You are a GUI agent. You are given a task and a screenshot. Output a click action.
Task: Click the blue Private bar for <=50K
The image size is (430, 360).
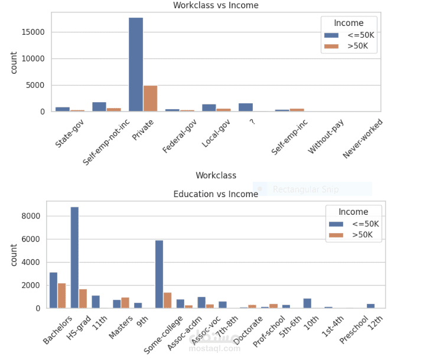[136, 65]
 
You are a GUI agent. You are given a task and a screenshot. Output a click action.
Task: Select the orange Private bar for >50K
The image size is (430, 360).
[151, 99]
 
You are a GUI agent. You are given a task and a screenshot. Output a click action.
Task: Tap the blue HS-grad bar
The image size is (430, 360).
[74, 257]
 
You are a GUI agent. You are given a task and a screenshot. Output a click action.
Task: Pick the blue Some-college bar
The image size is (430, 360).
[159, 274]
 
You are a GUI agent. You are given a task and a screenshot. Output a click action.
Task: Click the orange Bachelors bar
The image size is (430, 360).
[62, 296]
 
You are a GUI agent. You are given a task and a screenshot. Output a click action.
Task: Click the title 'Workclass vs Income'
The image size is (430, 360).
[216, 5]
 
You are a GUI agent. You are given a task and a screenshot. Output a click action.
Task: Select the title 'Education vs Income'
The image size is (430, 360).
[216, 194]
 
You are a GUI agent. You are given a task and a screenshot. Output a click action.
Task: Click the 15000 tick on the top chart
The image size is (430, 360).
[34, 32]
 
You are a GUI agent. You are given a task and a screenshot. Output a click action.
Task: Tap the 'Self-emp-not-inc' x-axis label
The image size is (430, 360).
[106, 142]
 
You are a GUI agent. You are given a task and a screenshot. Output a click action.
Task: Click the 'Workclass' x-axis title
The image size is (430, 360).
[216, 175]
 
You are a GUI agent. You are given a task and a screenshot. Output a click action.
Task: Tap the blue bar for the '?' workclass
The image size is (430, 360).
[246, 107]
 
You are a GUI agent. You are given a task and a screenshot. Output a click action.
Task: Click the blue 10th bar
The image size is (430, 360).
[307, 303]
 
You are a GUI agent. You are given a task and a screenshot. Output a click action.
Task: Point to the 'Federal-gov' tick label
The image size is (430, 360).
[179, 138]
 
